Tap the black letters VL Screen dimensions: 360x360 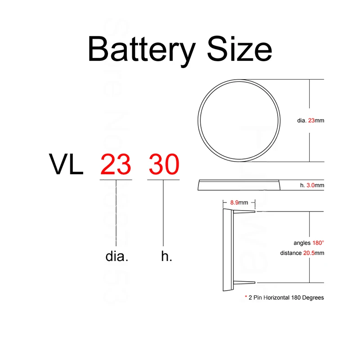pos(66,165)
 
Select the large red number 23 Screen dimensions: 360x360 pos(116,165)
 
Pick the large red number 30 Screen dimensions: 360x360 pos(164,165)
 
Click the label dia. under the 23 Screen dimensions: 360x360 pos(117,256)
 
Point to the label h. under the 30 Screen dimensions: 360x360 pos(166,256)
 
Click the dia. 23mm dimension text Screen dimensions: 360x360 pos(310,121)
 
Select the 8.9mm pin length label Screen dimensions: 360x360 pos(239,202)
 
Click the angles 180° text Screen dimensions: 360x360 pos(308,243)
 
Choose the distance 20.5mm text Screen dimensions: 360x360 pos(302,253)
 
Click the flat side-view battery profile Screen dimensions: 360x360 pos(239,184)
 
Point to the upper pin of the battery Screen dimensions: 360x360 pos(245,211)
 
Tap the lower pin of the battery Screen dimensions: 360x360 pos(245,282)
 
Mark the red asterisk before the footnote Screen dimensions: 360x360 pos(246,297)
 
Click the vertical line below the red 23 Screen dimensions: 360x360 pos(117,211)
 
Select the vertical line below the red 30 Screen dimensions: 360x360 pos(163,211)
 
